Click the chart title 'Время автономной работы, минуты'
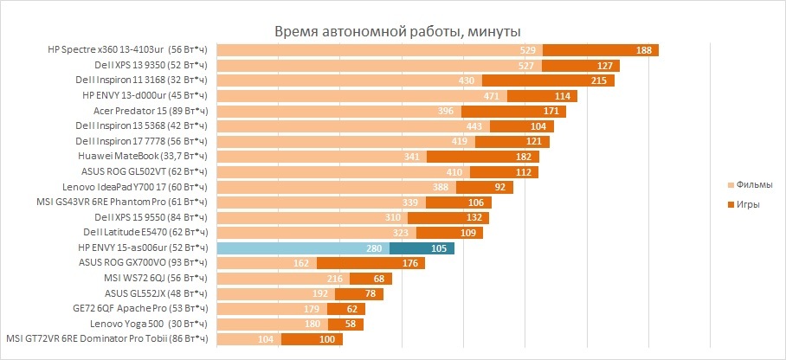tap(393, 32)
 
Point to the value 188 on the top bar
tap(644, 50)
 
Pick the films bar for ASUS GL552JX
tap(268, 294)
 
